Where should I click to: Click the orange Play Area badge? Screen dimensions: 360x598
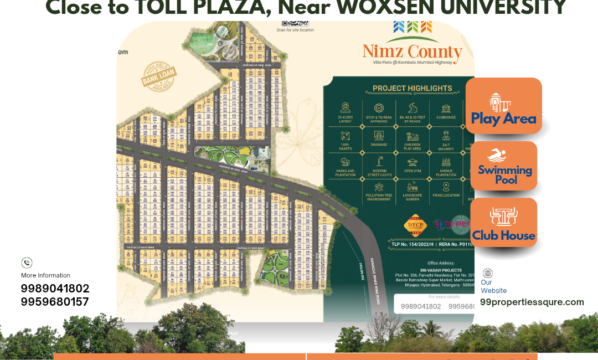(x=503, y=106)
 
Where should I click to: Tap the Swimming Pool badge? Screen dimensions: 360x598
(x=504, y=166)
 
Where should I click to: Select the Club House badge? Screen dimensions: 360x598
(x=503, y=224)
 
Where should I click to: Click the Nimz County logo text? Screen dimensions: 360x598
(x=412, y=52)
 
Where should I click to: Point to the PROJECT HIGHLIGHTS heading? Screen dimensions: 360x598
(x=412, y=88)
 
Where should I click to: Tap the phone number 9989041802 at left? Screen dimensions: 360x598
(x=55, y=289)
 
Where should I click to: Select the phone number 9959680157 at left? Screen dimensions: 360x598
(x=55, y=302)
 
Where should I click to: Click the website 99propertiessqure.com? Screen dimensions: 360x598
(x=532, y=302)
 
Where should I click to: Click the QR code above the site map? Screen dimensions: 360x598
(x=295, y=23)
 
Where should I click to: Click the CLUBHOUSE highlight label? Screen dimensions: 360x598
(x=446, y=117)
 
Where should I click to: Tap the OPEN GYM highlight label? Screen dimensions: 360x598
(x=413, y=171)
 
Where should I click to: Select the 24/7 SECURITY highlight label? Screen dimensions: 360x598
(x=446, y=147)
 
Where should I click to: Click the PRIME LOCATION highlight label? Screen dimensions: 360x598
(x=446, y=196)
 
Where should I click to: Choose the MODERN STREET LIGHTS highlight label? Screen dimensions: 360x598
(x=379, y=173)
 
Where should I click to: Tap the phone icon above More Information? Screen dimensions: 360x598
(x=27, y=263)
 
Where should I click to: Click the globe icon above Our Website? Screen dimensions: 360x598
(x=487, y=273)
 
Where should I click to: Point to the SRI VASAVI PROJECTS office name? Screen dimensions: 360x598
(x=441, y=270)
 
